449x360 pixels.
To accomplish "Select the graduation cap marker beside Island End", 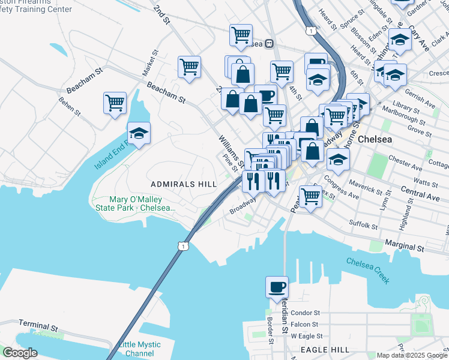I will pos(139,134).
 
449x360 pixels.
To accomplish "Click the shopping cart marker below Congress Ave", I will pos(310,196).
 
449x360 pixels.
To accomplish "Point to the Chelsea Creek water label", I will pos(367,270).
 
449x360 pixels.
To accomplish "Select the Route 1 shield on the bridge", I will pos(184,245).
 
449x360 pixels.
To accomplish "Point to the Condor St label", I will pos(306,313).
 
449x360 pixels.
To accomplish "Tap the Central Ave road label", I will pos(420,194).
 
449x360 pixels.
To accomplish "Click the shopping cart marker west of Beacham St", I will pos(115,103).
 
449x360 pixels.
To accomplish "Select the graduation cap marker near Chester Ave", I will pos(338,160).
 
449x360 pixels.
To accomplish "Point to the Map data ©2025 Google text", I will pos(411,355).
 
